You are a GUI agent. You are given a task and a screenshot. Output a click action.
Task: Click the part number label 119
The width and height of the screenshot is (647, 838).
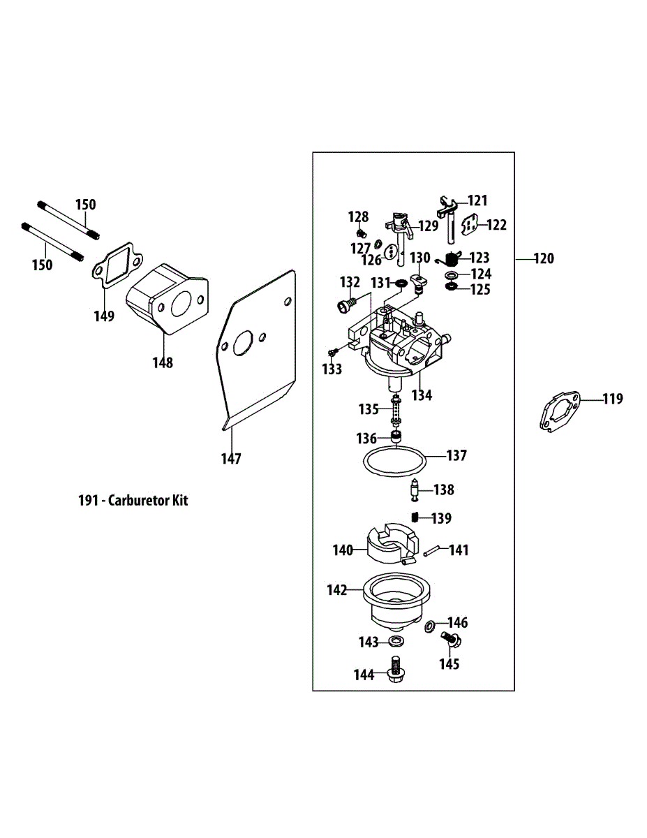(613, 399)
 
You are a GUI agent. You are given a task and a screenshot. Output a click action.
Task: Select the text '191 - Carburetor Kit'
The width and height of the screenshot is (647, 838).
(133, 500)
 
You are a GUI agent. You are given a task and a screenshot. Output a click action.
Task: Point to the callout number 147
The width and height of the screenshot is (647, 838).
(231, 459)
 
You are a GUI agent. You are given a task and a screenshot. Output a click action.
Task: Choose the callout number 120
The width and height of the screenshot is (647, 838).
(544, 258)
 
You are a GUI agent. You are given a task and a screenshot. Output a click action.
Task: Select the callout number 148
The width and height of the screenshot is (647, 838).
(163, 362)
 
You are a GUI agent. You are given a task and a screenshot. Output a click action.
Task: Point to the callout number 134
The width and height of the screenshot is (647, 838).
(422, 395)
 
